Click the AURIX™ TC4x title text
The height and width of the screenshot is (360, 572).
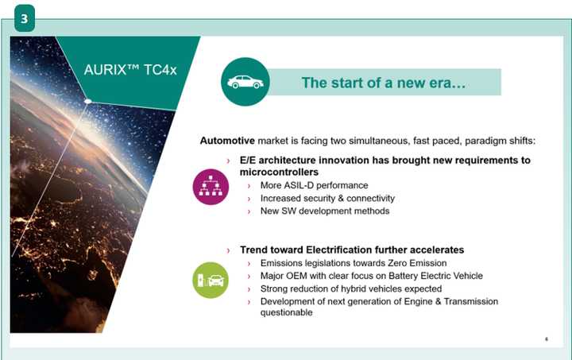tap(130, 69)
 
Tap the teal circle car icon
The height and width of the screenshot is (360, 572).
tap(245, 82)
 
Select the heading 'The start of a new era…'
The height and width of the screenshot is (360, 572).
tap(383, 83)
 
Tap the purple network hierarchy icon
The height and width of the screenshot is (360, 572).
tap(209, 185)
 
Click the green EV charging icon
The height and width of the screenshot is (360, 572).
tap(209, 281)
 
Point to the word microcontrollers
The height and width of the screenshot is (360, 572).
tap(279, 172)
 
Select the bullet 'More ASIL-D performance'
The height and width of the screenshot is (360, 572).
tap(314, 185)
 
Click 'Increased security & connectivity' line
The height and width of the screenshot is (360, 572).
tap(327, 198)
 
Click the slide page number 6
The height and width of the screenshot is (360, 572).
tap(547, 339)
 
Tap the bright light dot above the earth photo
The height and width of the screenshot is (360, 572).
tap(89, 100)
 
